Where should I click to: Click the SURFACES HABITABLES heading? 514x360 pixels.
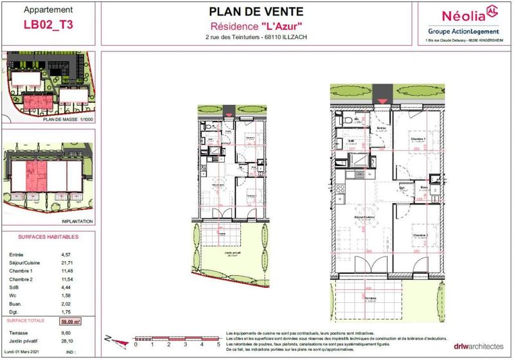coord(40,237)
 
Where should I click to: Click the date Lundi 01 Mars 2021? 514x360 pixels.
coord(26,352)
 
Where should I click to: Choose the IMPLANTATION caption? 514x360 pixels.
coord(79,221)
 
